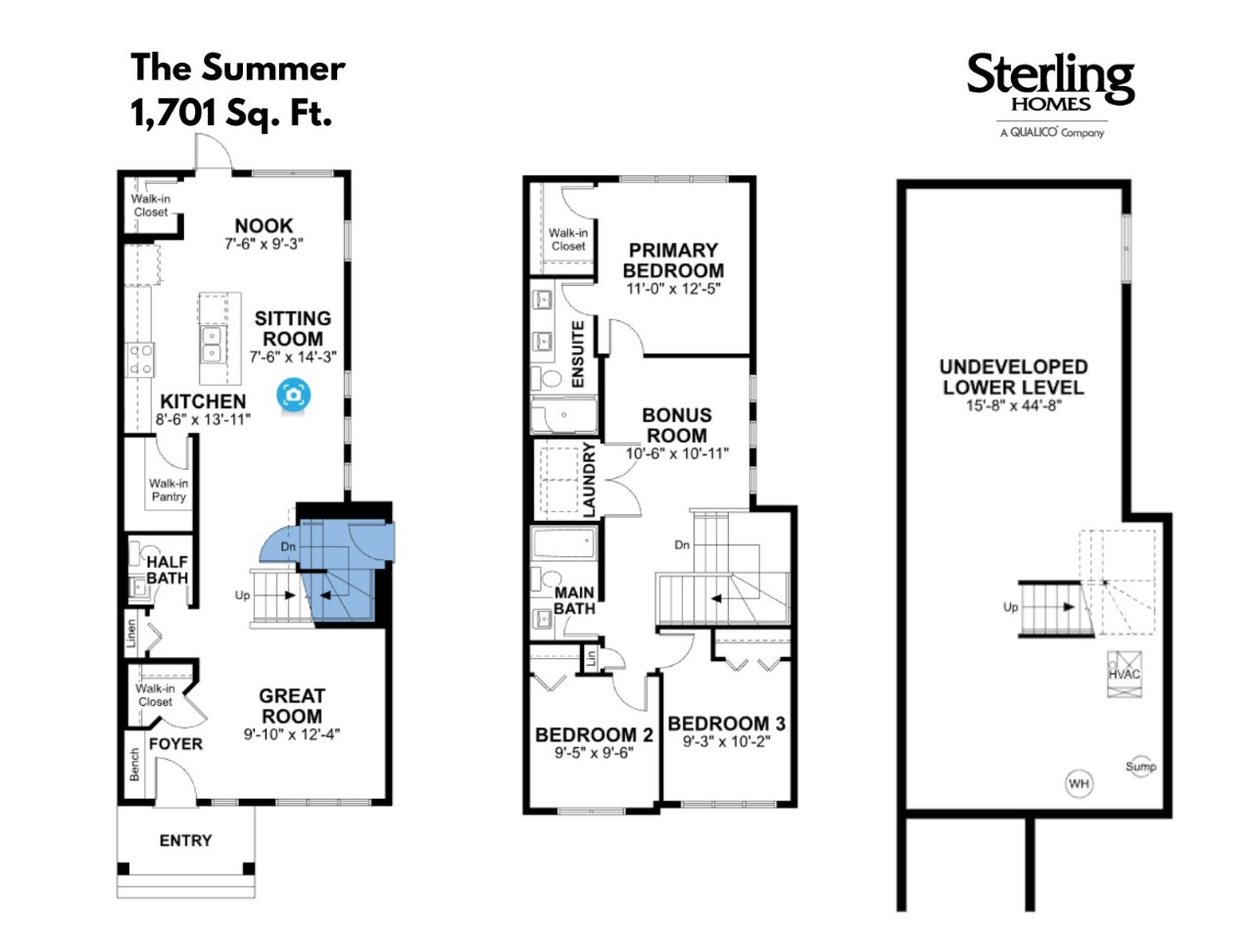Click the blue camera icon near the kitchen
point(293,395)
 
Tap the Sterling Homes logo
point(1050,95)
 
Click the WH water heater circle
point(1079,783)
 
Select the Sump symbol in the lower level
point(1140,767)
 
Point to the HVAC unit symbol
point(1125,674)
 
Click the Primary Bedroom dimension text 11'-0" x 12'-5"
point(673,289)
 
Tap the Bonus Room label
point(677,425)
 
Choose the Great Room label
point(292,706)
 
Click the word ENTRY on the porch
point(186,841)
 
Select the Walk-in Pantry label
point(169,490)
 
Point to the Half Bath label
point(167,570)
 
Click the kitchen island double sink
point(212,345)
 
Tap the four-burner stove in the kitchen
point(140,359)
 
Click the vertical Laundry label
point(589,480)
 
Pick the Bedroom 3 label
point(727,724)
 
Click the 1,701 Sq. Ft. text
point(231,113)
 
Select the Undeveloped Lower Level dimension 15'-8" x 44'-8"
point(1013,405)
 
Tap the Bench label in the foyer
point(134,764)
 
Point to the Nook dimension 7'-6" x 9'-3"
point(264,244)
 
